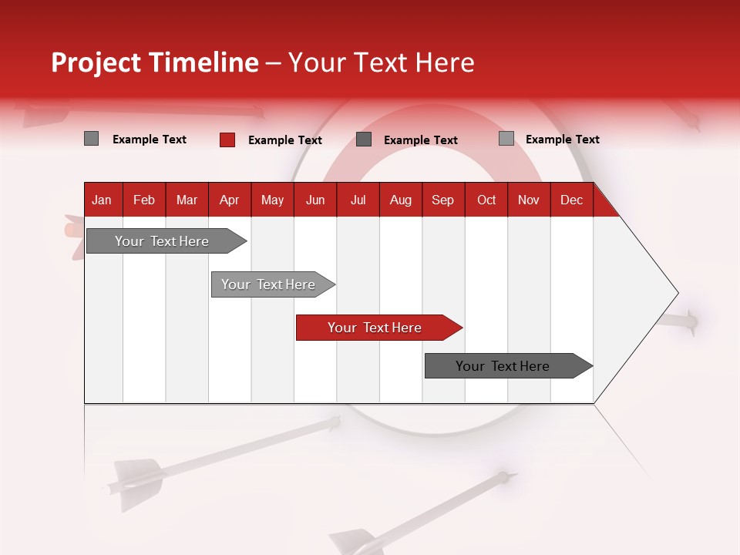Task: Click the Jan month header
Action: (102, 200)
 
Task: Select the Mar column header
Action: (187, 200)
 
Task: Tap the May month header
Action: (272, 200)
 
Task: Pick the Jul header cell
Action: (358, 200)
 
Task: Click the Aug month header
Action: (400, 200)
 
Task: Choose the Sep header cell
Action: (442, 200)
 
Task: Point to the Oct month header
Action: (486, 200)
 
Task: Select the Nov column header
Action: (528, 200)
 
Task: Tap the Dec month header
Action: (571, 200)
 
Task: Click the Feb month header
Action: (144, 200)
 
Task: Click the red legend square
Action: (227, 140)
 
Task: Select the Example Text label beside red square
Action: (284, 140)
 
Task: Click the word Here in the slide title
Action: (445, 62)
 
